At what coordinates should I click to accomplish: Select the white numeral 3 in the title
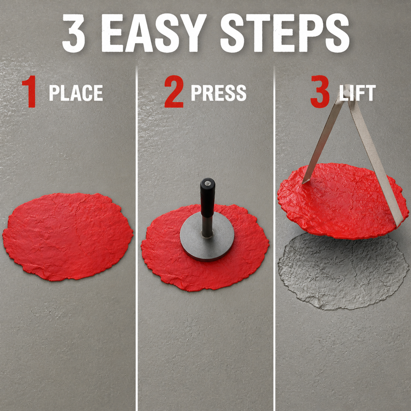tap(74, 33)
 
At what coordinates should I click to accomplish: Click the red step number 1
tap(29, 92)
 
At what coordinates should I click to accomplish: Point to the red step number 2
tap(174, 92)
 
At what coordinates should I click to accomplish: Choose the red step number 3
tap(320, 92)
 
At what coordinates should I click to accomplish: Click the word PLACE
tap(76, 93)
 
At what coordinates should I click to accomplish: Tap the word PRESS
tap(219, 93)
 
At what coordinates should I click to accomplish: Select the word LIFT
tap(358, 93)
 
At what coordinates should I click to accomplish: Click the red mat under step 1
tap(67, 236)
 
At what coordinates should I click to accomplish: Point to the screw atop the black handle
tap(208, 183)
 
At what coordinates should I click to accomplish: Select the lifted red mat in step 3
tap(342, 201)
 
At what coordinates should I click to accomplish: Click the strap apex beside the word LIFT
tap(347, 90)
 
